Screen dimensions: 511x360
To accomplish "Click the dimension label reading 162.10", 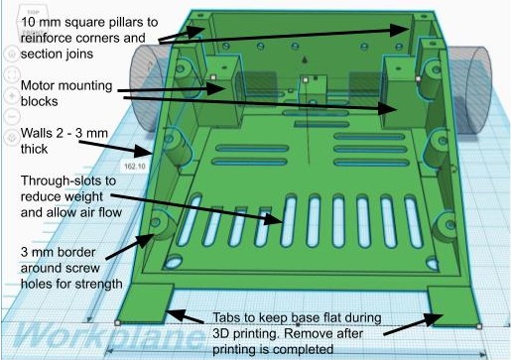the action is tap(135, 166).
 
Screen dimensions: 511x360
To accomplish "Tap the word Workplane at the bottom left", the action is tap(109, 333).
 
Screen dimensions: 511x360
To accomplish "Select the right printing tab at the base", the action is tap(453, 306).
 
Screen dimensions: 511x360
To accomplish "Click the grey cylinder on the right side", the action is tap(470, 89).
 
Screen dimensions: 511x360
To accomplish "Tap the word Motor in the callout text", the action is tap(41, 85).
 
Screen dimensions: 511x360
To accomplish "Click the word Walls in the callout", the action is tap(36, 133).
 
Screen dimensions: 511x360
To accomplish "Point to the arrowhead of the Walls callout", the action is tap(144, 152).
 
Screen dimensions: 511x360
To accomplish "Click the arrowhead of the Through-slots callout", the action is tap(275, 219).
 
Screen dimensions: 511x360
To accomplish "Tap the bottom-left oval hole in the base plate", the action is tap(173, 262).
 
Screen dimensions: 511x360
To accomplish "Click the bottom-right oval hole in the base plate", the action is tap(432, 263).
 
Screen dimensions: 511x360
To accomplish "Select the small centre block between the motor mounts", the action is tap(313, 90).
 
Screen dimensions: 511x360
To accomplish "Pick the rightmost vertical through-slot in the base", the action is tap(413, 221).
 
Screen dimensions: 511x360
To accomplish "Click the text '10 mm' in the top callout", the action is tap(41, 23).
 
